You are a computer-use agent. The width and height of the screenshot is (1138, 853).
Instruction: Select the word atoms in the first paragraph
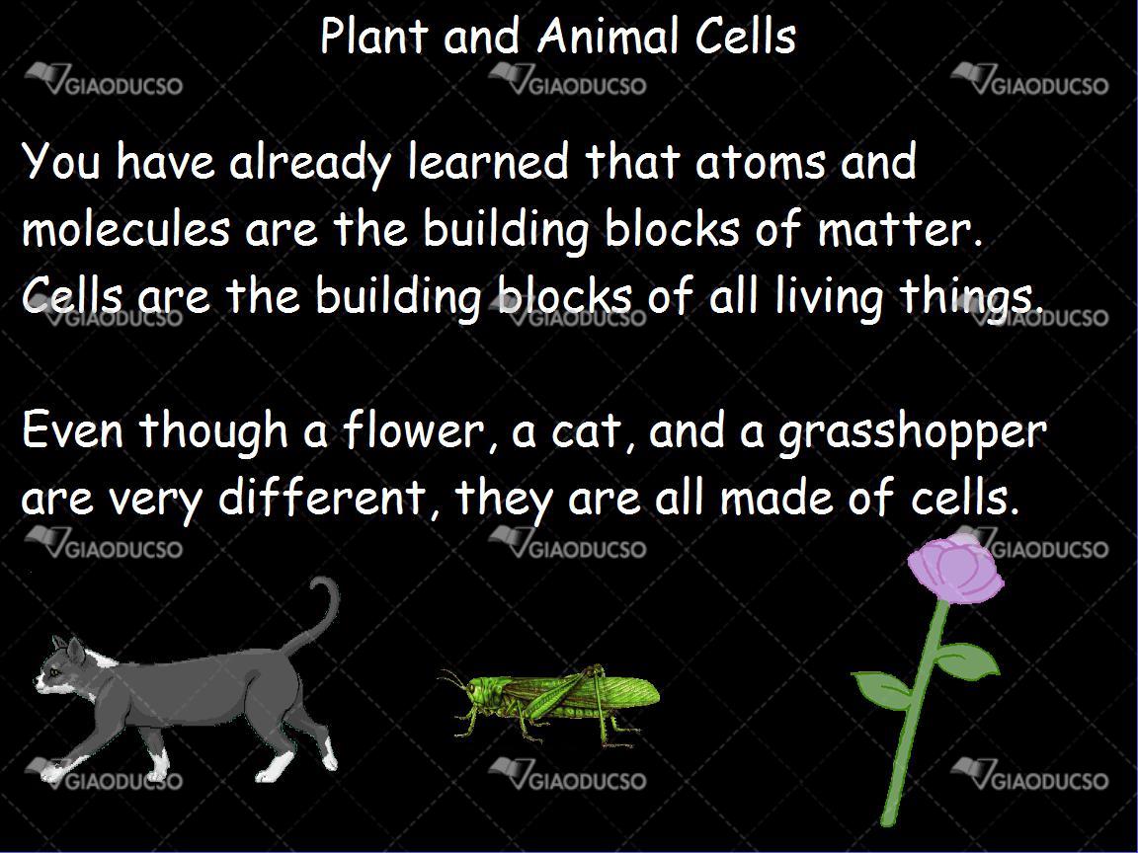pos(760,162)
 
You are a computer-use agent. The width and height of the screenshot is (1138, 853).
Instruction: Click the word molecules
pos(124,228)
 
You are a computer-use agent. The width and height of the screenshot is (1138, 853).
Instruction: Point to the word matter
pos(901,228)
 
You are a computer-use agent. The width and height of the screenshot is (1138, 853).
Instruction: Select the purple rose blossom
pos(954,570)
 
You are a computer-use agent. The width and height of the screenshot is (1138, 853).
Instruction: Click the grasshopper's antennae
pos(451,679)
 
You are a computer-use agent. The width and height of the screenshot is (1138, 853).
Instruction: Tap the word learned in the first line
pos(488,162)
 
